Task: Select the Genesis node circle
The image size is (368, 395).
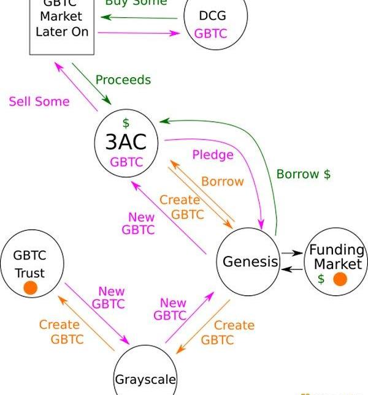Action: (x=250, y=261)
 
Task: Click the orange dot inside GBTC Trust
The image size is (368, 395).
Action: (x=31, y=287)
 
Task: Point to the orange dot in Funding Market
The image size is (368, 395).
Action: (x=340, y=279)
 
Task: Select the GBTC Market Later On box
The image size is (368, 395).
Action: (x=61, y=24)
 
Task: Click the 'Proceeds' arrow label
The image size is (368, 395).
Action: (x=123, y=80)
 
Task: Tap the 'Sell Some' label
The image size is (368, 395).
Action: (x=39, y=102)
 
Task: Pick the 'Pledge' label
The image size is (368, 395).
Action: (x=213, y=154)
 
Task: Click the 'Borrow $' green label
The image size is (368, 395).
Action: (x=303, y=174)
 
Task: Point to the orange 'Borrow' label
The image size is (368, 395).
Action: (x=222, y=181)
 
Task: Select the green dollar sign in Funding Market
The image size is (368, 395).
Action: (x=321, y=279)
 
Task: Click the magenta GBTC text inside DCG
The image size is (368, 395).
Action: (x=210, y=33)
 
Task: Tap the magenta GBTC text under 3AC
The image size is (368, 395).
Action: (x=126, y=162)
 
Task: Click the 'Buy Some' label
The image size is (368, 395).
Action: (x=136, y=2)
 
